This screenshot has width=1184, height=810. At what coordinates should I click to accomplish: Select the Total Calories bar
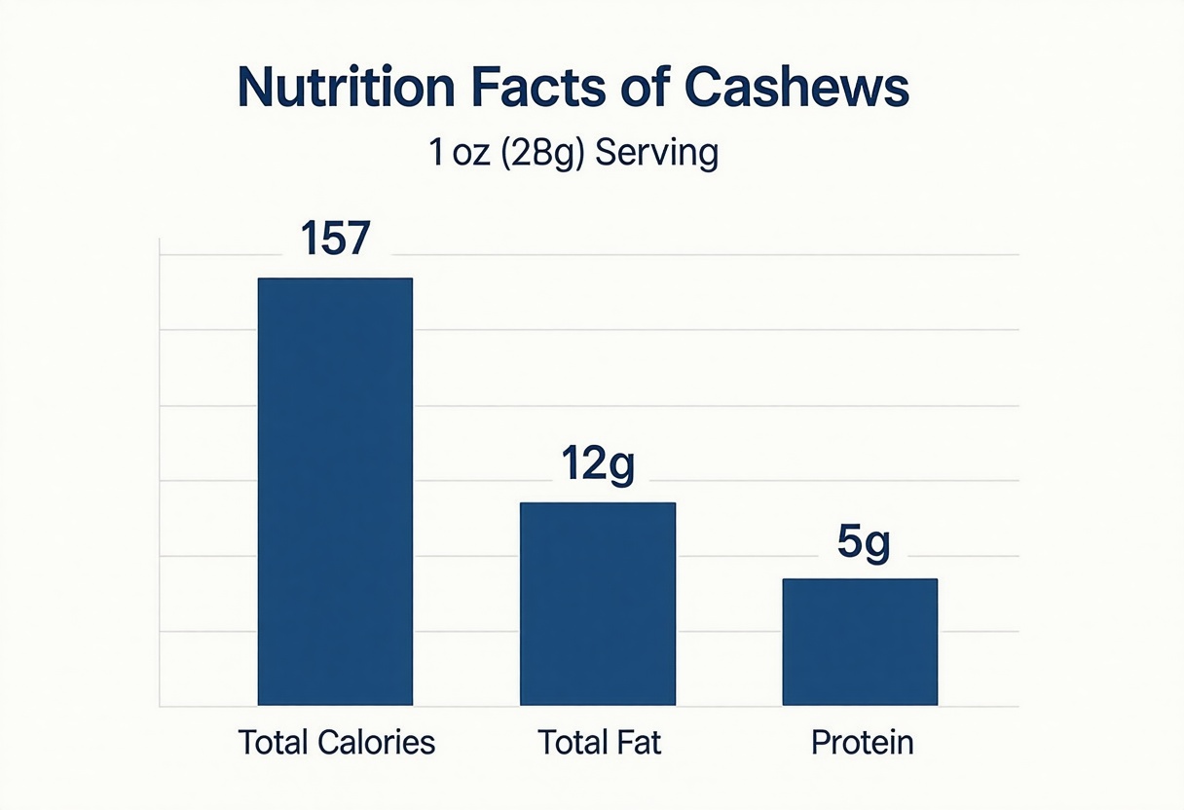335,492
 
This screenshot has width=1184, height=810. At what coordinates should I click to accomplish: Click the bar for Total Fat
597,604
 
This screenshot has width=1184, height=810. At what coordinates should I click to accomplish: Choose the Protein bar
860,642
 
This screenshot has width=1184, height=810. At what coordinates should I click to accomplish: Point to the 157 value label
335,239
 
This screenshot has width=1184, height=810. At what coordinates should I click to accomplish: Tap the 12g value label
597,465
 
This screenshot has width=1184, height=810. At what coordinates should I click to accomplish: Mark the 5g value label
864,543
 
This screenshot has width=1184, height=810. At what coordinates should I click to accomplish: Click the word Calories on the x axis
377,744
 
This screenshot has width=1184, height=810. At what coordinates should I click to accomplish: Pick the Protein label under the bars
863,744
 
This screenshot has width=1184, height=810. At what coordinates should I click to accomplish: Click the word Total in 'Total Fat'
574,744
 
